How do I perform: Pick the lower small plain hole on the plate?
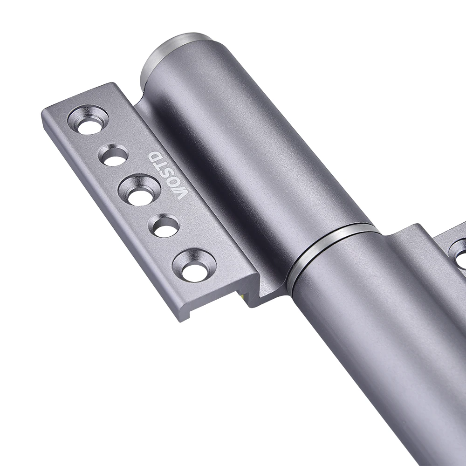point(165,227)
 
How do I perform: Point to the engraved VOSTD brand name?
point(170,175)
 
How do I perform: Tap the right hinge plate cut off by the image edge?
point(452,247)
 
